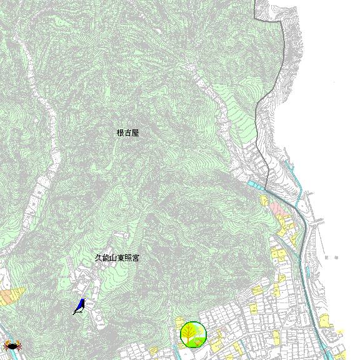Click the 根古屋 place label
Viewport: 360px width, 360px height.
(x=127, y=132)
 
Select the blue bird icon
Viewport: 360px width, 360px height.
(x=80, y=305)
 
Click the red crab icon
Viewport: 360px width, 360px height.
(x=11, y=344)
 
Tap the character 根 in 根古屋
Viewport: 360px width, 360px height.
(x=120, y=132)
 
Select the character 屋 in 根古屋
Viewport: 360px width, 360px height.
(x=135, y=132)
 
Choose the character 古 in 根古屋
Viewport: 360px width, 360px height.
(x=127, y=132)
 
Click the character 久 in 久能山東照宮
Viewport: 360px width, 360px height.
(x=97, y=257)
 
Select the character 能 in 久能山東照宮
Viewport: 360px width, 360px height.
(x=104, y=257)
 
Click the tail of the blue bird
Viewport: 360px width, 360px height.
(x=75, y=312)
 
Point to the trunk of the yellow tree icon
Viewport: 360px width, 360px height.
(x=192, y=341)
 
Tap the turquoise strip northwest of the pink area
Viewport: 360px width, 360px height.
(x=256, y=185)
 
